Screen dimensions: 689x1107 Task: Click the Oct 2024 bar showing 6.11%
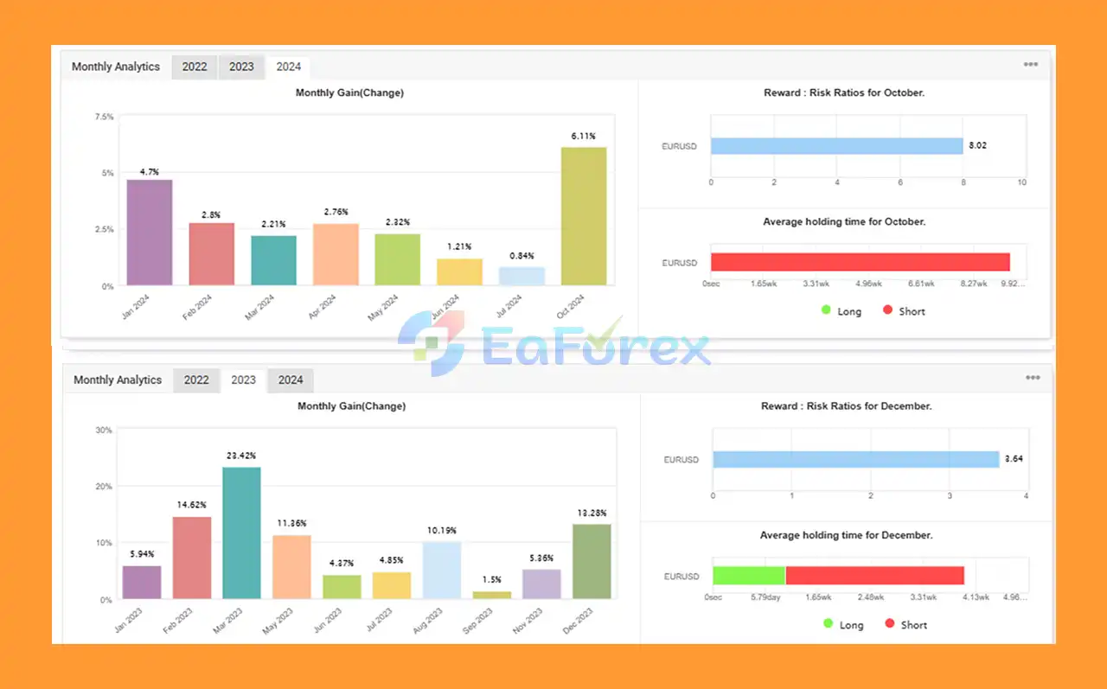coord(584,216)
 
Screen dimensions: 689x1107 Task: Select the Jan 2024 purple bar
coord(150,233)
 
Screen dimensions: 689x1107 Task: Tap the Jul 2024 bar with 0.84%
coord(522,276)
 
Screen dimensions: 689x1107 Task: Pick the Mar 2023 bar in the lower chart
coord(241,533)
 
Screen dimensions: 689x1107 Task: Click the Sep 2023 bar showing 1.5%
coord(491,595)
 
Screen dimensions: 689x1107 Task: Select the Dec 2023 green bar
coord(592,561)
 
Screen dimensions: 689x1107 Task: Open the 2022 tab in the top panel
coord(195,67)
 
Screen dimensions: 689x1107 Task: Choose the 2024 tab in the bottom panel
coord(291,380)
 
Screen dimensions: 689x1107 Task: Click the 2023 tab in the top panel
coord(241,67)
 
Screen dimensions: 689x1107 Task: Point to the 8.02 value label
coord(977,146)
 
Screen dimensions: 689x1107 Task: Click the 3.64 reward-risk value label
coord(1014,459)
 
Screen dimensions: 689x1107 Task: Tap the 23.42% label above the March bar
coord(241,456)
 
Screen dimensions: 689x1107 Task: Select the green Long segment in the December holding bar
coord(749,576)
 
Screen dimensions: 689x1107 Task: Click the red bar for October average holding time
coord(861,262)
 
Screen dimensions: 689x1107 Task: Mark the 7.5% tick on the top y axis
coord(103,117)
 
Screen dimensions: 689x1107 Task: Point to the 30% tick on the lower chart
coord(103,430)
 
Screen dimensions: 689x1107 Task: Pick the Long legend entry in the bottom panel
coord(842,624)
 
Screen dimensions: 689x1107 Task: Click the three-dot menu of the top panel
coord(1031,65)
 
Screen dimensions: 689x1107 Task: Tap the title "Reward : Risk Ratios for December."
coord(846,405)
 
